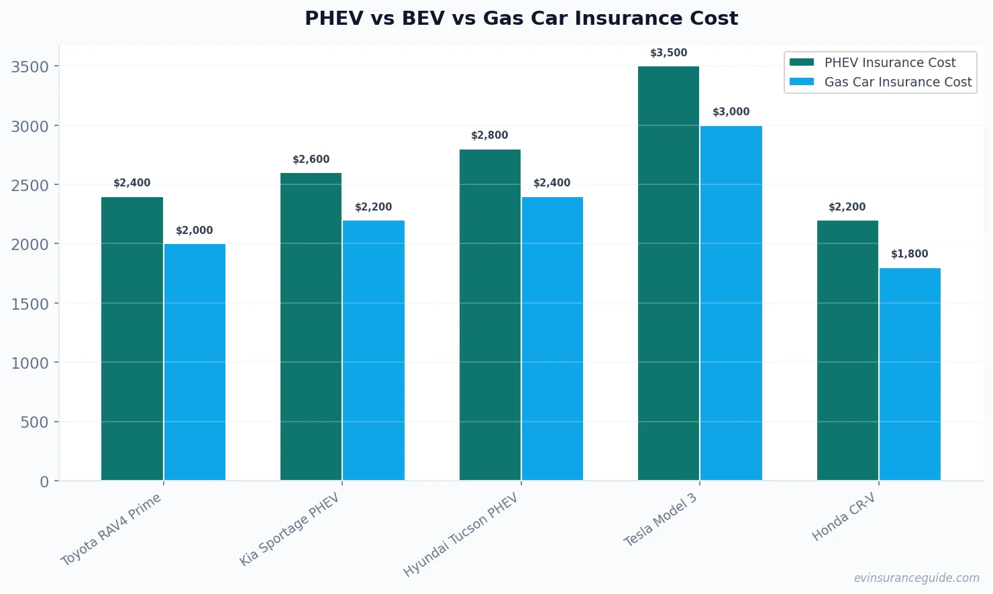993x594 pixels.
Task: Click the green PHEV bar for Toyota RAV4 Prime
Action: [x=132, y=339]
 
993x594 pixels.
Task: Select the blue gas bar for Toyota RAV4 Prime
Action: [x=195, y=362]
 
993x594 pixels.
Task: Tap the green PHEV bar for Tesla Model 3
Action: [x=668, y=274]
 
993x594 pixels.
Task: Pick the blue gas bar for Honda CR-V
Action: [x=910, y=374]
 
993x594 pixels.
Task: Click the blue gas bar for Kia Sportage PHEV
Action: [x=374, y=350]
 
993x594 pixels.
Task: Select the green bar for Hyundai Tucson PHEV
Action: [x=490, y=315]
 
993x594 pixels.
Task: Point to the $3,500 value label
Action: [x=668, y=53]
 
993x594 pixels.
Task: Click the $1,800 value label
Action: [x=909, y=254]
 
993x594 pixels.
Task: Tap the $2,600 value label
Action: [x=311, y=160]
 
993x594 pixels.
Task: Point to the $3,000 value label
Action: [x=731, y=112]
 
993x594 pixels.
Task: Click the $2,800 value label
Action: [x=489, y=135]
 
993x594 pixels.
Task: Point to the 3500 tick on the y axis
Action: [x=30, y=66]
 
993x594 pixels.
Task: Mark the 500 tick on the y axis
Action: [x=35, y=422]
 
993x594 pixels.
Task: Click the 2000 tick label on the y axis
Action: [x=30, y=245]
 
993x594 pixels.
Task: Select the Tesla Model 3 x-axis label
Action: [x=660, y=520]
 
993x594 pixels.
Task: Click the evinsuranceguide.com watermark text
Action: [x=916, y=578]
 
